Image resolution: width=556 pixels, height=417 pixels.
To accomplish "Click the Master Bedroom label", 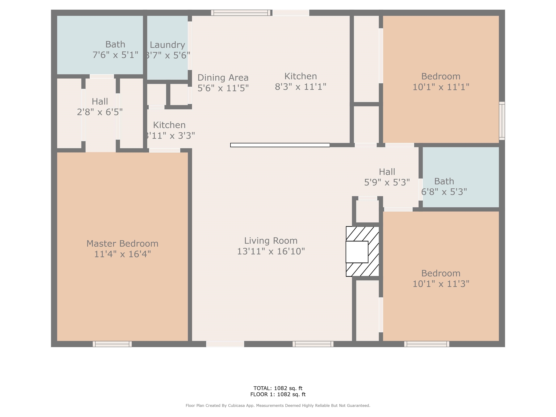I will point(122,244).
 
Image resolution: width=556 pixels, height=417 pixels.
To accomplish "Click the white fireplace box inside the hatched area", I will point(357,252).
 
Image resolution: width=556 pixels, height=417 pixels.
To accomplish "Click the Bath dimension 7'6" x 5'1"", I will point(115,55).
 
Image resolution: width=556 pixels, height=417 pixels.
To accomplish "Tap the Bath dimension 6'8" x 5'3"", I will point(444,192).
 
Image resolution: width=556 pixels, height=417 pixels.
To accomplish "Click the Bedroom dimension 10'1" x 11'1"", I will point(441,87).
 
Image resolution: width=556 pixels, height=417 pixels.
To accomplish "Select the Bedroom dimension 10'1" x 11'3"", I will point(441,284).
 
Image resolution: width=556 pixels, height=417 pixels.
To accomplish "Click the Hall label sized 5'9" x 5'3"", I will point(387,172).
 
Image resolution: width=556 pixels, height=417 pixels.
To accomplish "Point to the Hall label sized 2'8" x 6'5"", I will point(100,102).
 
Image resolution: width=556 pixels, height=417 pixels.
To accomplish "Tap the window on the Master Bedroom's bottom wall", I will point(112,344).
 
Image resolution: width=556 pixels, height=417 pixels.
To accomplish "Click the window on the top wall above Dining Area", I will point(241,13).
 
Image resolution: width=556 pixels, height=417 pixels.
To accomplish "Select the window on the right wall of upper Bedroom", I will point(502,121).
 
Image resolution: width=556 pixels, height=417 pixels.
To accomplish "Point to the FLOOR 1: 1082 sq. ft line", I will point(278,394).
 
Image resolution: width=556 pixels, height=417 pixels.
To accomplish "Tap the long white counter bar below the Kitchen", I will point(280,145).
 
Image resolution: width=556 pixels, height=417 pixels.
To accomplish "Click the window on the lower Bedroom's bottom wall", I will point(427,344).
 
